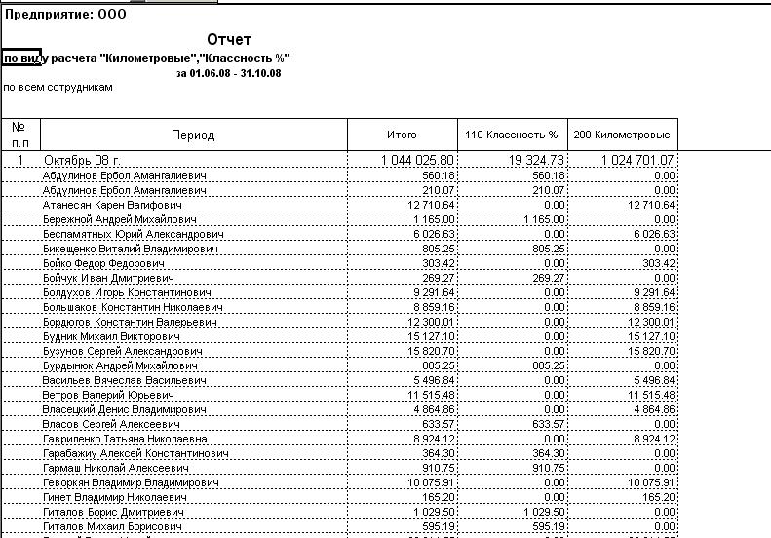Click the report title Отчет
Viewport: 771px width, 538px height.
[229, 40]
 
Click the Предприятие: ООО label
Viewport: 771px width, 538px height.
[65, 15]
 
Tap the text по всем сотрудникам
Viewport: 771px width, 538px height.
[58, 87]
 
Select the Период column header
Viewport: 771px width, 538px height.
[193, 135]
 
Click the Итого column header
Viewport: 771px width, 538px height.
[402, 134]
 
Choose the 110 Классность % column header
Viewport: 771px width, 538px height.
[512, 134]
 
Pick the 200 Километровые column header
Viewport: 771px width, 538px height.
[622, 134]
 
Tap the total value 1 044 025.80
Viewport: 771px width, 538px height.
[417, 160]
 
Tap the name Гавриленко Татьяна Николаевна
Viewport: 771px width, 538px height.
[125, 440]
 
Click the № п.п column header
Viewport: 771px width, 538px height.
[19, 134]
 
